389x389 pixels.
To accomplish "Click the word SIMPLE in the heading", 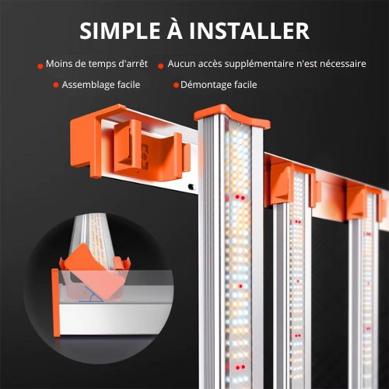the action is [120, 30].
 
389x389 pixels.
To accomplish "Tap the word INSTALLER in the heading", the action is [249, 30].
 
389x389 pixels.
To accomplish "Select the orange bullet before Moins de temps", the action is [40, 66].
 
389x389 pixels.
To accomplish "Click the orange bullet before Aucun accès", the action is [161, 66].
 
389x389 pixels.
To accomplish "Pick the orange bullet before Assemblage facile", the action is [56, 85].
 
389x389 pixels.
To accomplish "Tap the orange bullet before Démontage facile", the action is [176, 85].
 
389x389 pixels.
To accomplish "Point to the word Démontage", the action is [206, 85].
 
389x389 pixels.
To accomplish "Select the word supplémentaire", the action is [259, 64].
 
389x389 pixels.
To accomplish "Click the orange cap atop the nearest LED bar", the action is [233, 116].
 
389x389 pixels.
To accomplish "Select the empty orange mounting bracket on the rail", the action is [152, 153].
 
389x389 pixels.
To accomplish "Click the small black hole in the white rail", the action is [191, 187].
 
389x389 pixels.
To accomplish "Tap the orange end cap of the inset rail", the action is [56, 303].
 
